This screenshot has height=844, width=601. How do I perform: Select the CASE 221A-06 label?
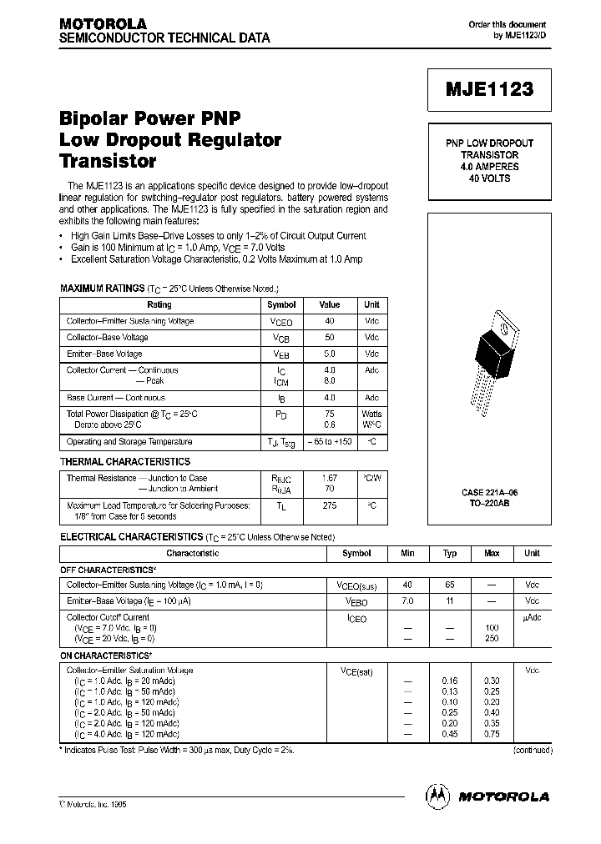coord(489,494)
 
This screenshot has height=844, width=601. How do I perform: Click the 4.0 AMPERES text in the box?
coord(489,167)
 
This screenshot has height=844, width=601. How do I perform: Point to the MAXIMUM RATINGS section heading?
coord(102,288)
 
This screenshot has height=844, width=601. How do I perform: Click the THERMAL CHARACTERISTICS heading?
coord(125,461)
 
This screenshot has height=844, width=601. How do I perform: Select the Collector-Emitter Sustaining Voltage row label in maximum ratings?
coord(130,321)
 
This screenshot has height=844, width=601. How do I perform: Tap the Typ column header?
coord(450,553)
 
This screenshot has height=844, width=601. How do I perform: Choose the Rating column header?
coord(159,305)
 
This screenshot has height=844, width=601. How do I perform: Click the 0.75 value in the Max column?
coord(492,735)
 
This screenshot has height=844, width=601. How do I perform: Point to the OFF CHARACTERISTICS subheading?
coord(108,570)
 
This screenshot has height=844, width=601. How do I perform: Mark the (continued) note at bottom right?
coord(532,751)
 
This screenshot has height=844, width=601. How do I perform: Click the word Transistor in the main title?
coord(108,161)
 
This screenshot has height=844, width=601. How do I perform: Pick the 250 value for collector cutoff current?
coord(492,638)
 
